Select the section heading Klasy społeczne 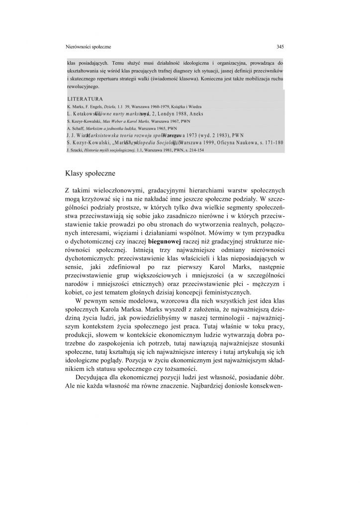[89, 173]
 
